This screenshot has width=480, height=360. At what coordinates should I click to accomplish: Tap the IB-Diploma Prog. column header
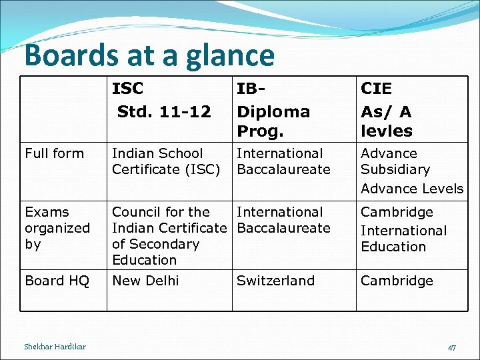click(273, 109)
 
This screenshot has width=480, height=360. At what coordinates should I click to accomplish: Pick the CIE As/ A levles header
click(387, 109)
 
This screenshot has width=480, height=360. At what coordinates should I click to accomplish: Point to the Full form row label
click(55, 153)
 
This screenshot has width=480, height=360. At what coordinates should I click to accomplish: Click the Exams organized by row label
click(57, 228)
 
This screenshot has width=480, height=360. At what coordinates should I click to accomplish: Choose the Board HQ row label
click(57, 281)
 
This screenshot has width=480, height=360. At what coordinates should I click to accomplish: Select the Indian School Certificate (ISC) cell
click(166, 161)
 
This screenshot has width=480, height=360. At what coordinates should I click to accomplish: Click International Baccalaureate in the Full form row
click(283, 161)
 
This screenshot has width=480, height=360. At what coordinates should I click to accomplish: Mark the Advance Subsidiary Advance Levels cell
click(411, 171)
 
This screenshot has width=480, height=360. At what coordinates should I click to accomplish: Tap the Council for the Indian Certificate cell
click(169, 236)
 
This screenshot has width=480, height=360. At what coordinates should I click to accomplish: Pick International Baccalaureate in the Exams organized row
click(283, 220)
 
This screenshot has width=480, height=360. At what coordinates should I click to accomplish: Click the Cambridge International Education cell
click(403, 229)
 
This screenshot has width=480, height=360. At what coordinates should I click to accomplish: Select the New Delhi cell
click(145, 281)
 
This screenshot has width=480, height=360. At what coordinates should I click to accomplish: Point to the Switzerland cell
click(275, 281)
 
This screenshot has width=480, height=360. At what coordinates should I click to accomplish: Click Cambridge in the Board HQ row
click(397, 281)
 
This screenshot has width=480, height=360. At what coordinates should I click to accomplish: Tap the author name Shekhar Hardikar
click(55, 347)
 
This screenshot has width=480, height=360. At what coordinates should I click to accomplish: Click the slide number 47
click(452, 347)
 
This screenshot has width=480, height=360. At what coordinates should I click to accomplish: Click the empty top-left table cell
click(63, 109)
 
